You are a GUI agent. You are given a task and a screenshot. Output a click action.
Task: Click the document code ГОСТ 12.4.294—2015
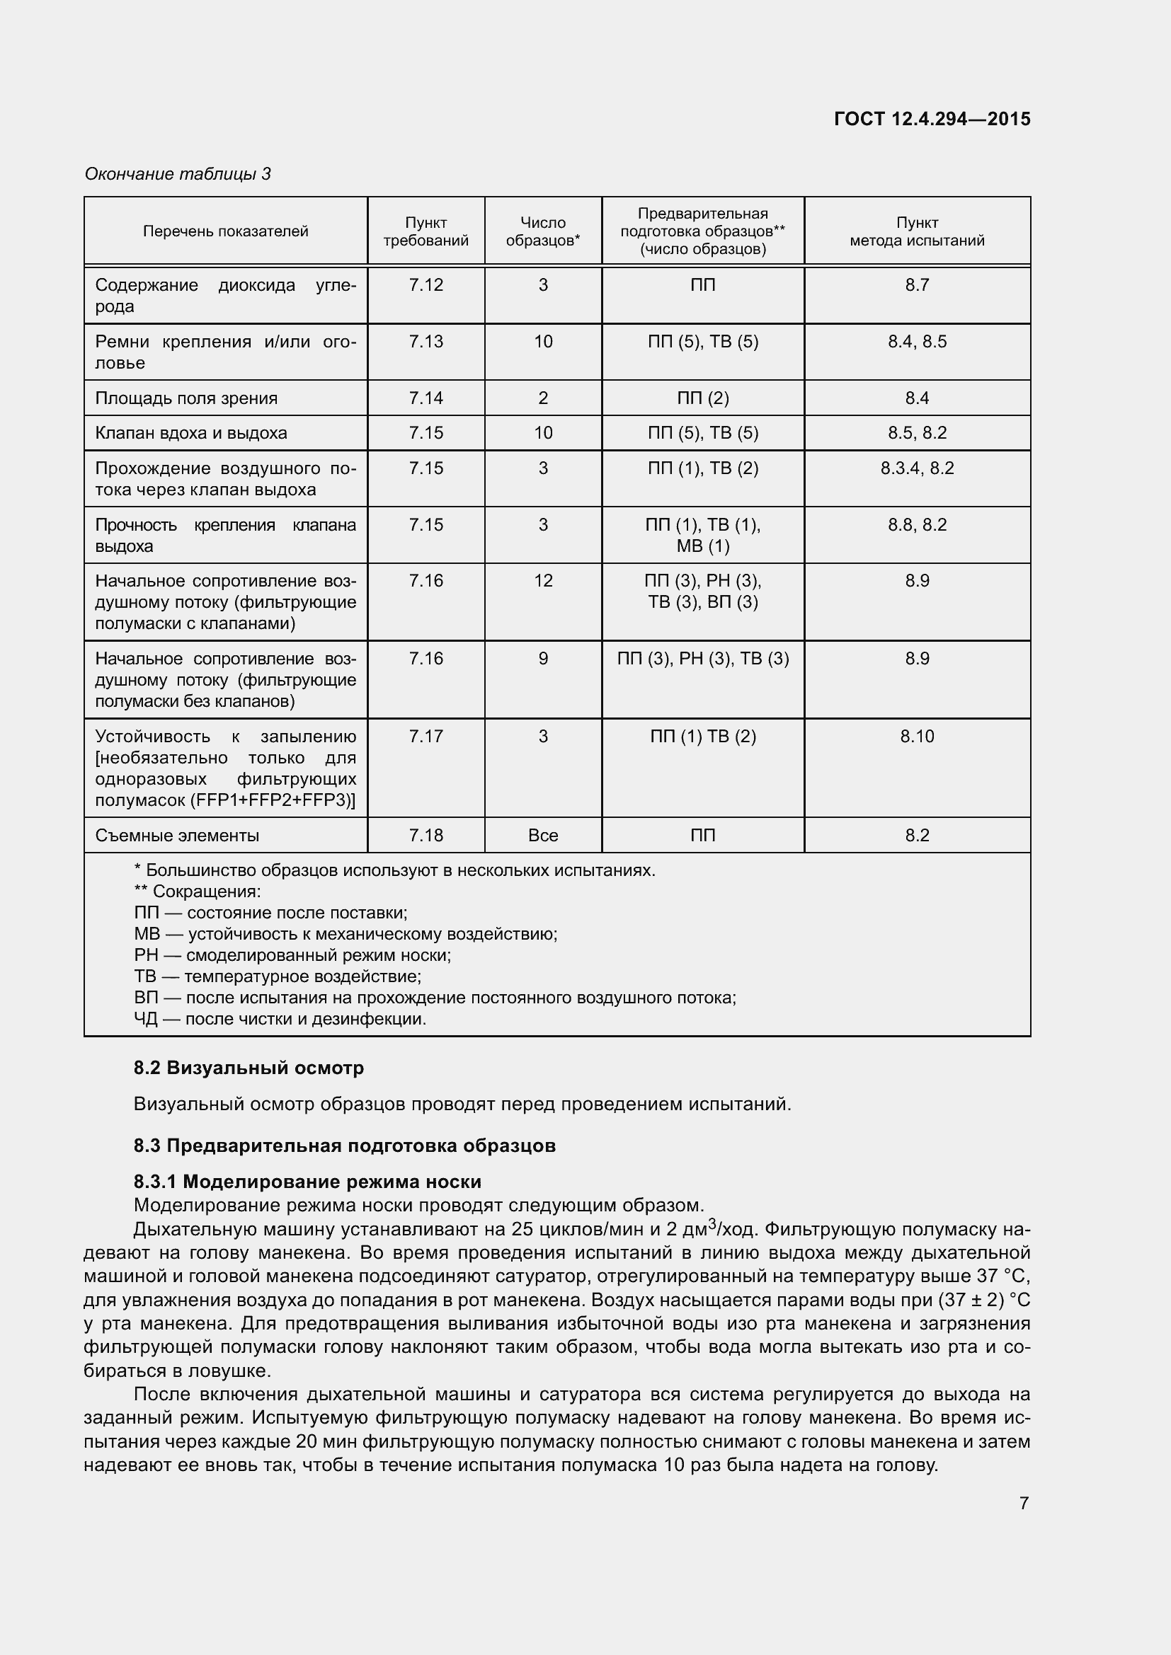(x=932, y=119)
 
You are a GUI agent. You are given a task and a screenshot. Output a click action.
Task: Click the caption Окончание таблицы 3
(x=178, y=174)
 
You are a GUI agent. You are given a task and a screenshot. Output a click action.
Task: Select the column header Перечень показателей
(x=225, y=231)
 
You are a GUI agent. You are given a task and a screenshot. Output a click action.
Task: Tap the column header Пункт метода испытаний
(x=916, y=231)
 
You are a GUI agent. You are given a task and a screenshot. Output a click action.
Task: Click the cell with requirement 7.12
(x=425, y=285)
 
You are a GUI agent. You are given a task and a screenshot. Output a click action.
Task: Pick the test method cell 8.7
(x=916, y=285)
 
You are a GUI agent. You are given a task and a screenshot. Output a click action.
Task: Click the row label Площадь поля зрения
(x=186, y=398)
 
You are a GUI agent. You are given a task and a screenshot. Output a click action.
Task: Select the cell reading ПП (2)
(x=702, y=398)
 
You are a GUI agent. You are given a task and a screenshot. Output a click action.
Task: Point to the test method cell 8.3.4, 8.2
(x=916, y=468)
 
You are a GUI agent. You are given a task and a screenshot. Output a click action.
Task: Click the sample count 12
(x=543, y=581)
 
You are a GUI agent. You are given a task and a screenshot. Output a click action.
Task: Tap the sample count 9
(x=543, y=659)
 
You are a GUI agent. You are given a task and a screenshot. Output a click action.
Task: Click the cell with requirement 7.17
(x=425, y=737)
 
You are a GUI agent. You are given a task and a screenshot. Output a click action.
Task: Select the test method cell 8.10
(x=916, y=737)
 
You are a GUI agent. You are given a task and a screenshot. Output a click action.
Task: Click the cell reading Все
(x=543, y=836)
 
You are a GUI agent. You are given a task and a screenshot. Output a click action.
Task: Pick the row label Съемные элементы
(x=178, y=836)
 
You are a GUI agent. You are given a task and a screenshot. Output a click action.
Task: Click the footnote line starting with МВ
(x=345, y=934)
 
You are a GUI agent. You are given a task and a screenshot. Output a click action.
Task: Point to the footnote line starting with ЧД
(x=280, y=1019)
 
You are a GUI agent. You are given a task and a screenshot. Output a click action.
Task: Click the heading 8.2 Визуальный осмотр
(x=249, y=1068)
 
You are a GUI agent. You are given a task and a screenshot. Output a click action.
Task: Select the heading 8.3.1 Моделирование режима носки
(x=307, y=1182)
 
